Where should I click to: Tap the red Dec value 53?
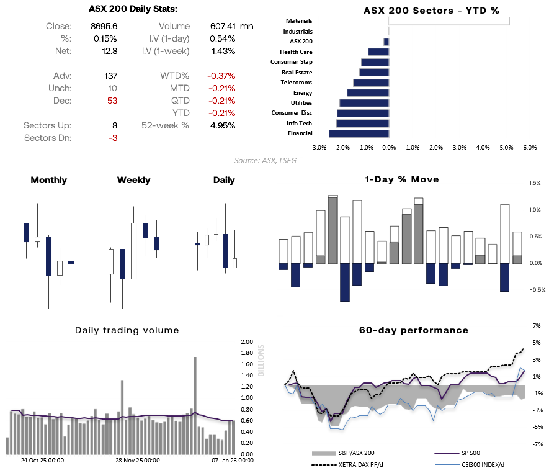coord(112,101)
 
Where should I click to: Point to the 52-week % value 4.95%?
coord(223,125)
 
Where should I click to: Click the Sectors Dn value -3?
coord(113,138)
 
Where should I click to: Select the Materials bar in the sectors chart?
coord(449,21)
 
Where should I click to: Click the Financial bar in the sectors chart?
coord(359,133)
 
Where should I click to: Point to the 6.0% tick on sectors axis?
coord(530,148)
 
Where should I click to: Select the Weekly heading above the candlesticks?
coord(133,180)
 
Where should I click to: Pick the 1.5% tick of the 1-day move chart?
coord(535,184)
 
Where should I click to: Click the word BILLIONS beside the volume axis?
coord(261,360)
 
